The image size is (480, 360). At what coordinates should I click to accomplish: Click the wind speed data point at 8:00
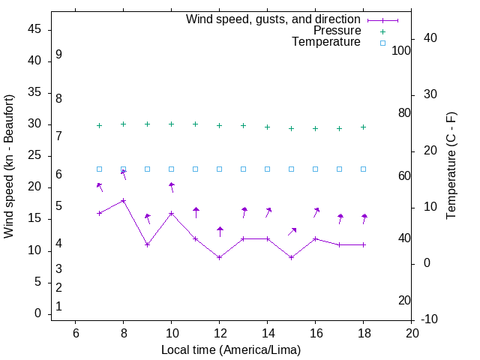click(x=124, y=200)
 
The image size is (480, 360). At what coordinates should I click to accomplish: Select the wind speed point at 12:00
click(x=220, y=257)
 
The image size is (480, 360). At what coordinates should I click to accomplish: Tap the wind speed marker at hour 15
click(x=292, y=257)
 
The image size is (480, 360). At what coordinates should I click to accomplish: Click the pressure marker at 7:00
click(x=100, y=126)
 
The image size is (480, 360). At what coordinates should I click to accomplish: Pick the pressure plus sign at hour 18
click(x=364, y=127)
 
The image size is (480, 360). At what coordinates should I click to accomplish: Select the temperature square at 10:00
click(x=172, y=169)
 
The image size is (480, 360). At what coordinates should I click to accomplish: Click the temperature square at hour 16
click(x=316, y=169)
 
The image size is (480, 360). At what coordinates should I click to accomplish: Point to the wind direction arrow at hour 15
click(x=292, y=232)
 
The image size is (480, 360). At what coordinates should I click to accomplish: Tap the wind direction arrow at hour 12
click(x=220, y=232)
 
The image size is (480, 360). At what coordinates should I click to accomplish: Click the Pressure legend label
click(x=337, y=31)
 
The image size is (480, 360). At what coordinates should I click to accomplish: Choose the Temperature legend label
click(x=326, y=43)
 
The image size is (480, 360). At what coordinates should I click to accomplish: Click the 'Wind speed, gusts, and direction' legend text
click(x=273, y=19)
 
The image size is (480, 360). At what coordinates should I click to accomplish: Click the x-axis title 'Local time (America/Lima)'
click(x=232, y=349)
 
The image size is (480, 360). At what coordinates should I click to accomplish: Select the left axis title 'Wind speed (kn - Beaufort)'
click(x=9, y=166)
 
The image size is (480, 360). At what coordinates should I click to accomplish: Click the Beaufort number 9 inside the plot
click(x=58, y=55)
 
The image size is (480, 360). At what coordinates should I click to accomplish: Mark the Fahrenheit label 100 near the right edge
click(x=401, y=50)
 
